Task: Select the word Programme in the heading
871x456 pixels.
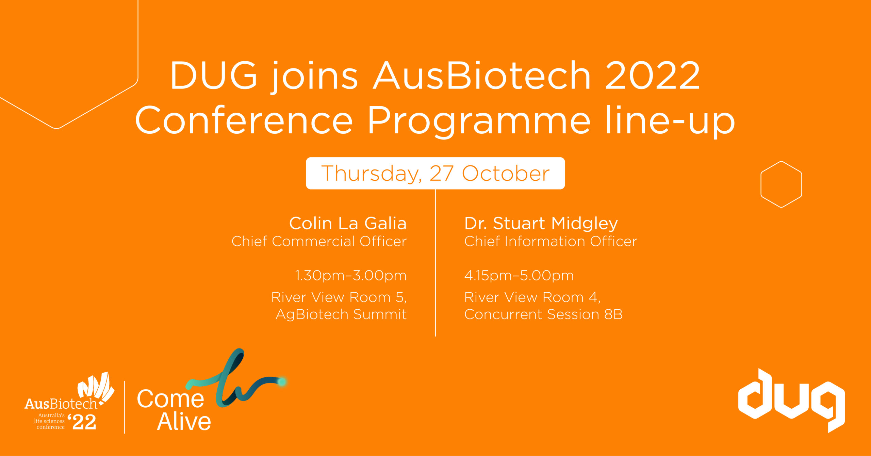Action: [478, 121]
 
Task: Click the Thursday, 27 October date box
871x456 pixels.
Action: [435, 173]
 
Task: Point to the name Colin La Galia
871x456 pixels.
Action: [348, 223]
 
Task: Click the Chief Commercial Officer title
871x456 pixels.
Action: [319, 241]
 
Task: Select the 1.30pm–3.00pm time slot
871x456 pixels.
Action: [350, 275]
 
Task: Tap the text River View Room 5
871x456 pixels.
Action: [339, 297]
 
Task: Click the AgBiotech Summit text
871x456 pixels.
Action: [341, 314]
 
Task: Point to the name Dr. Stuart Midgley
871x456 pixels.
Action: [541, 223]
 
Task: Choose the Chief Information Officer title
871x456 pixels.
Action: [550, 241]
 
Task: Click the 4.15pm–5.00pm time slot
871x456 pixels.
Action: [519, 275]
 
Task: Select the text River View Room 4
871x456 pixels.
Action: [532, 297]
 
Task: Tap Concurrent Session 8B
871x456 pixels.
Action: [543, 314]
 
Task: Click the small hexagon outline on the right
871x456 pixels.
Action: [781, 184]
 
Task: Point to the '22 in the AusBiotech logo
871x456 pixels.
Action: [82, 422]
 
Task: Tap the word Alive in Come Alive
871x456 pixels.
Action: [184, 422]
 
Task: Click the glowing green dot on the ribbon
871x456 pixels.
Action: [282, 382]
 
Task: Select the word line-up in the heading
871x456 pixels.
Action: [670, 121]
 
